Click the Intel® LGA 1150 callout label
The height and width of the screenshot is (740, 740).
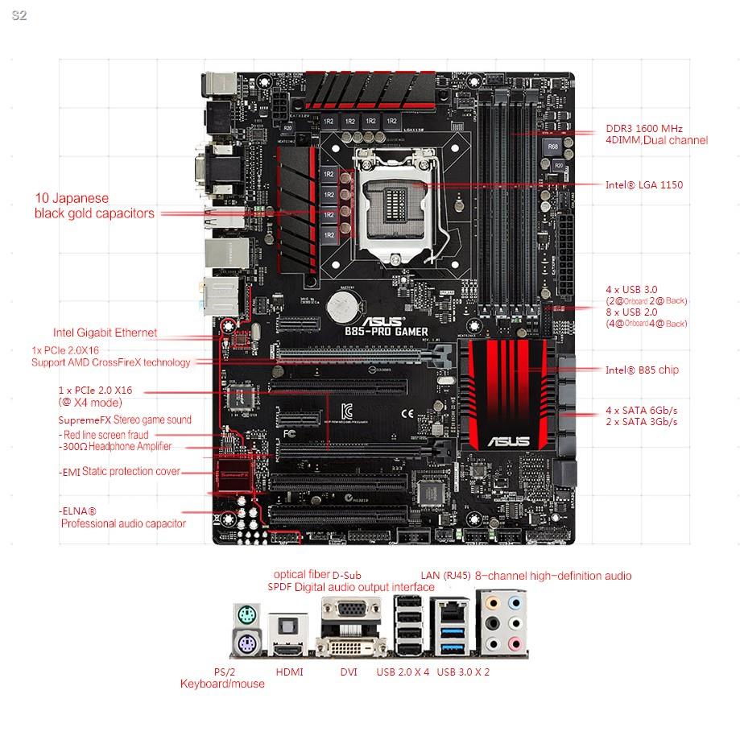click(x=643, y=185)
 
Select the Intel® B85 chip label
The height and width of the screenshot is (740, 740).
click(x=642, y=370)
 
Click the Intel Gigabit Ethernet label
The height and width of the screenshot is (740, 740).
click(x=105, y=333)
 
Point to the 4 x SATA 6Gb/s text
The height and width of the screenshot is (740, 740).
click(x=642, y=411)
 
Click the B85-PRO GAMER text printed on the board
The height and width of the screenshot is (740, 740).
click(x=387, y=330)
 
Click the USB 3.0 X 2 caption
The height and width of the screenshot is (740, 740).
click(x=463, y=672)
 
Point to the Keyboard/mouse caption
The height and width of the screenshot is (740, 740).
click(x=221, y=684)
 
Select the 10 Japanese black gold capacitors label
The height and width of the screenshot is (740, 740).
click(x=94, y=205)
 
